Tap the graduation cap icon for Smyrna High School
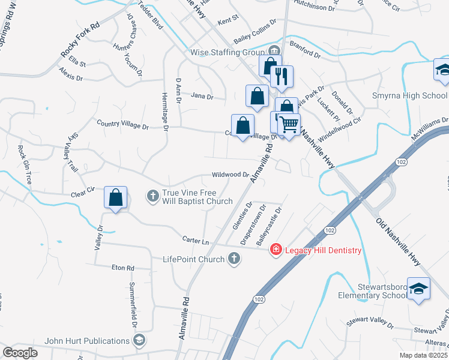(442, 70)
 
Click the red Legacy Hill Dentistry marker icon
(276, 249)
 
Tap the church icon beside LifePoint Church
(234, 259)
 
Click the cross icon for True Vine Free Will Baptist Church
(152, 195)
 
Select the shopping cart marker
(289, 124)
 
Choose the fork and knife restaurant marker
(281, 76)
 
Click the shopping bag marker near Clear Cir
(115, 197)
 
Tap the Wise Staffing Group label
(227, 52)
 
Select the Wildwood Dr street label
(230, 175)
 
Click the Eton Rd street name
(122, 268)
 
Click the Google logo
(20, 353)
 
